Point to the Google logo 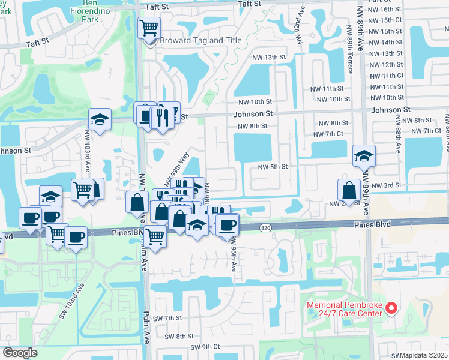(x=19, y=353)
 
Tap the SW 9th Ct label (x=206, y=347)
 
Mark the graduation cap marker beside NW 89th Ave (x=364, y=157)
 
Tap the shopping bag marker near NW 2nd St (x=349, y=191)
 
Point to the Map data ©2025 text (x=423, y=355)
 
